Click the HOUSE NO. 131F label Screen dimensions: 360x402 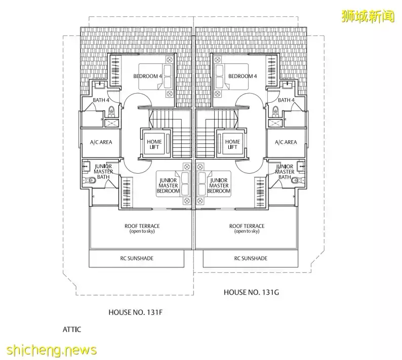point(135,312)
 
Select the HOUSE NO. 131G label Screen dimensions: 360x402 point(250,292)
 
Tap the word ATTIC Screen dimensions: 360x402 point(71,329)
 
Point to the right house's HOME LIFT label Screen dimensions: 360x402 point(232,144)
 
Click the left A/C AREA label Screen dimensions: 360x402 point(101,142)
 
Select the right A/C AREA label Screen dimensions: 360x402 point(286,142)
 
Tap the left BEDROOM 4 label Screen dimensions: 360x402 point(147,76)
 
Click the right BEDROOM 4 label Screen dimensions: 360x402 point(243,76)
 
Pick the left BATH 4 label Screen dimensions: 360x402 point(101,100)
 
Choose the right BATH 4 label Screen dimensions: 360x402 point(286,100)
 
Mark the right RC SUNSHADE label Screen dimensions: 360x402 point(250,258)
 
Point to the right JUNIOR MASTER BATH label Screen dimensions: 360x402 point(285,172)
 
